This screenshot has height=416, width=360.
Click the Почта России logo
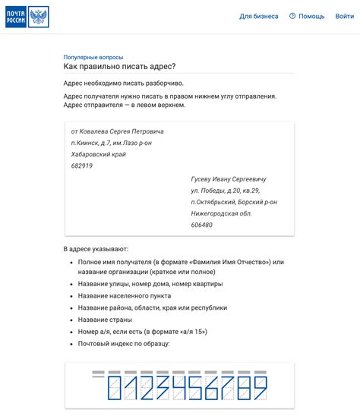pos(27,17)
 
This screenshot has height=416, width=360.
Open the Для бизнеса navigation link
pos(259,16)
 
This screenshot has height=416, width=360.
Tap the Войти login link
pos(344,16)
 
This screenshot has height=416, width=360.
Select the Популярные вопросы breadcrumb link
pos(93,57)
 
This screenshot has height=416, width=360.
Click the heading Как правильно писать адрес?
pos(119,68)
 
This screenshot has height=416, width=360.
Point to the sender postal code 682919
pos(81,165)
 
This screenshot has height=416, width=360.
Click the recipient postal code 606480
pos(202,225)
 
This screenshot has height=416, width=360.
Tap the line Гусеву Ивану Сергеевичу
pos(229,179)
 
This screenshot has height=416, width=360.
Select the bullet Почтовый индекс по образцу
pos(124,344)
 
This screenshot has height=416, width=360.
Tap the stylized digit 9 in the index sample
pos(259,388)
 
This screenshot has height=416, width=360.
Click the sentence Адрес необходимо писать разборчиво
pos(124,83)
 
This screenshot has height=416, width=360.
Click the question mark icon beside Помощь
pos(292,16)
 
